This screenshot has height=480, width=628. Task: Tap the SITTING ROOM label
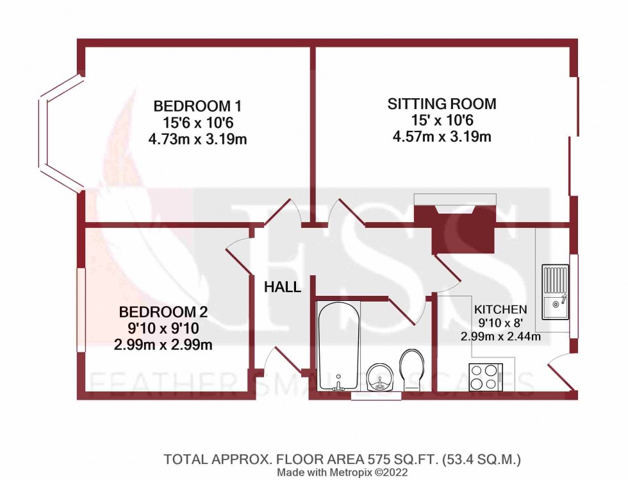point(442,103)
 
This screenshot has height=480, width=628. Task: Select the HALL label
point(283,287)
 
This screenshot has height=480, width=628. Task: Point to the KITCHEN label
point(500,309)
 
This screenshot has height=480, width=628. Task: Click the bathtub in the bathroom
point(338,345)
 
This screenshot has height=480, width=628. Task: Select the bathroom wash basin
point(379,376)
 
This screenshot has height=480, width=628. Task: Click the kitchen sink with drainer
point(554,292)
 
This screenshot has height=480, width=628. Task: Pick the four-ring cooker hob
point(485,376)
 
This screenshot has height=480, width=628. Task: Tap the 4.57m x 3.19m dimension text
point(442,136)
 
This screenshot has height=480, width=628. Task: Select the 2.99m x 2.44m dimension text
point(500,336)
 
